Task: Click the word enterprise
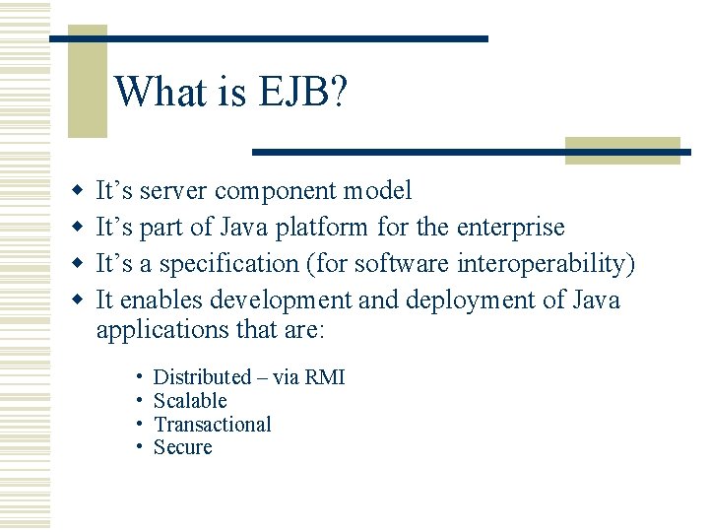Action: [511, 227]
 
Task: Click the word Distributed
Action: [203, 377]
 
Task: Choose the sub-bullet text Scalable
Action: [190, 401]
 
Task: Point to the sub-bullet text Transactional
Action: [213, 425]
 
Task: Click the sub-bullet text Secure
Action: [183, 448]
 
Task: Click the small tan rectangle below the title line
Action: [622, 150]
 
